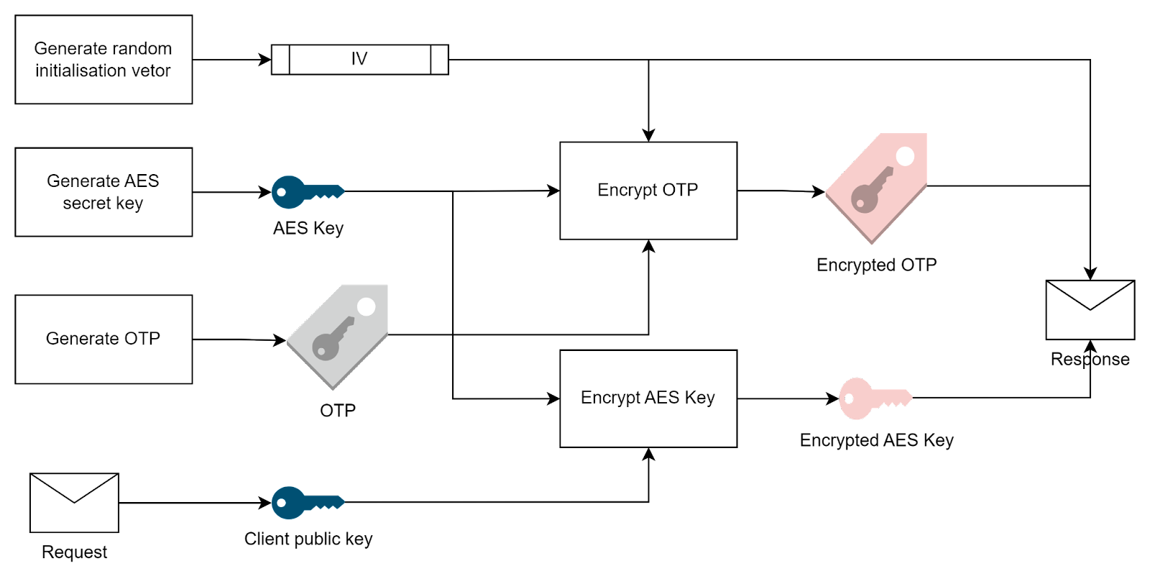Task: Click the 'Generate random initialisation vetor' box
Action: pos(103,60)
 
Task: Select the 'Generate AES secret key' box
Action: pos(103,192)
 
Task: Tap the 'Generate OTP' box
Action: pos(103,339)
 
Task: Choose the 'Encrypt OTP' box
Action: pos(648,191)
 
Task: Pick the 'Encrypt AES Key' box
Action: pos(648,398)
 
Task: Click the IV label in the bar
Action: pos(359,59)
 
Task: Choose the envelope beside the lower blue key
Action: pos(74,503)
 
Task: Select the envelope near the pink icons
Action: pos(1090,310)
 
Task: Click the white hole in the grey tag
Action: pos(366,307)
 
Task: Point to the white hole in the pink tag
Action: pos(905,156)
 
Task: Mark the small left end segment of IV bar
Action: pos(280,59)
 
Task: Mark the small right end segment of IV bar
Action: pos(439,59)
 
